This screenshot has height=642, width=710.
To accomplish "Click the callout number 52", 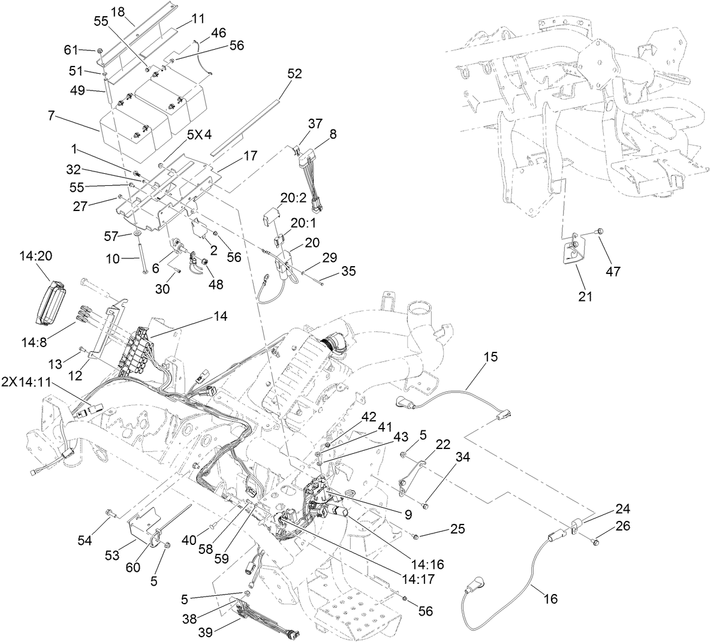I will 294,74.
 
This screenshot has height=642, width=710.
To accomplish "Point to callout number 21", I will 585,296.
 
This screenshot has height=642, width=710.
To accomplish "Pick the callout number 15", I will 491,357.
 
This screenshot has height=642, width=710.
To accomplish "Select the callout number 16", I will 550,598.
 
